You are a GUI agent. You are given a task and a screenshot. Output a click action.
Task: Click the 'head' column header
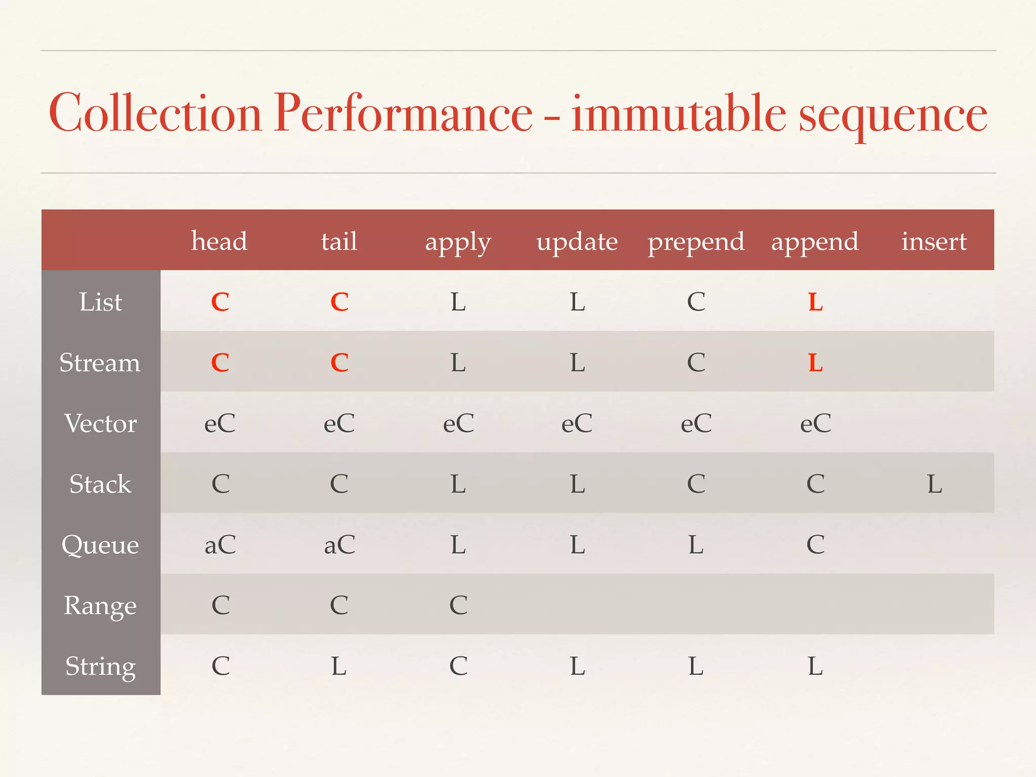[x=219, y=241]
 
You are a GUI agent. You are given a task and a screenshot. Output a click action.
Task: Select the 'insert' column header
[x=934, y=241]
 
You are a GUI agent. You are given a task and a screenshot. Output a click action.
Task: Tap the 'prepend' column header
[x=696, y=242]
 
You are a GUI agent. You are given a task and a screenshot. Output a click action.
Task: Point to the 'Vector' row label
[x=101, y=423]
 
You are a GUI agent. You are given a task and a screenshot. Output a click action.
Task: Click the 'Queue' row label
[x=100, y=545]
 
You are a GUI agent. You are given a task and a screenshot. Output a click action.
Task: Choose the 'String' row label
[x=101, y=666]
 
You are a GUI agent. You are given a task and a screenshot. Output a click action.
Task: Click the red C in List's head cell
[x=220, y=302]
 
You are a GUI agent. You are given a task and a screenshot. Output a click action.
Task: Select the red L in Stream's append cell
[x=815, y=363]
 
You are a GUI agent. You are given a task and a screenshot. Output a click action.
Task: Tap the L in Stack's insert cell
[x=934, y=484]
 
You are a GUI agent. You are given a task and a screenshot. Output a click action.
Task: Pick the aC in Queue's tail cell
[x=339, y=545]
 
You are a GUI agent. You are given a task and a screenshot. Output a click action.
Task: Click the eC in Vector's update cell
[x=577, y=423]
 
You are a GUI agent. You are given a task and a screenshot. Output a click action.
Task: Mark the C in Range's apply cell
[x=458, y=605]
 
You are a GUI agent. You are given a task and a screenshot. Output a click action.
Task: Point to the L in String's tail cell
[x=339, y=666]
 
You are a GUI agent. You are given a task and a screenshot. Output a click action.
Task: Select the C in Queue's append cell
[x=815, y=545]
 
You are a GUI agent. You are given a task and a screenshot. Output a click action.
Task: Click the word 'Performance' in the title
[x=403, y=113]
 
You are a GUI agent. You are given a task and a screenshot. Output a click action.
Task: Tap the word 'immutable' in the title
[x=678, y=113]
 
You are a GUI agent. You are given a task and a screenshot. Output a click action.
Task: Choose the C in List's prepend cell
[x=696, y=302]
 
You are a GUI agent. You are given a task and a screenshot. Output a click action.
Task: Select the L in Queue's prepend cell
[x=696, y=545]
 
